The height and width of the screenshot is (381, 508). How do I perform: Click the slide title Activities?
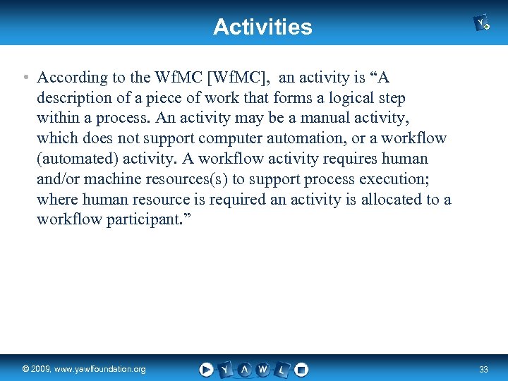tap(262, 27)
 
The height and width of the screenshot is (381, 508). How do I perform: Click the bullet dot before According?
tap(25, 77)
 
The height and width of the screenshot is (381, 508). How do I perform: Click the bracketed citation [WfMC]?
tap(236, 77)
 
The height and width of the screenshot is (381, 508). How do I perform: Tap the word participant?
tap(145, 220)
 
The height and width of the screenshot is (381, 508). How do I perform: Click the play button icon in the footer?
tap(206, 369)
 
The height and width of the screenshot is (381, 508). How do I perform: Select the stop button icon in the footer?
tap(301, 369)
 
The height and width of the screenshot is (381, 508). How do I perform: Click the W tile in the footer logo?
tap(262, 369)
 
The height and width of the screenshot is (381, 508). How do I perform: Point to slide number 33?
tap(483, 369)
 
